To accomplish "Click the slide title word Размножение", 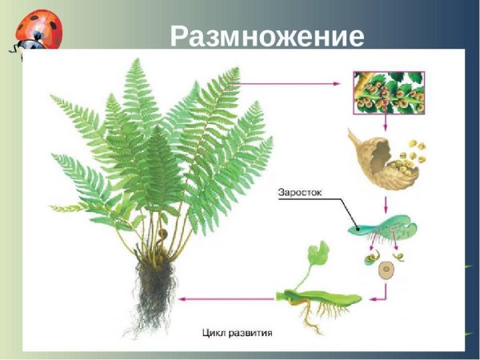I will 268,36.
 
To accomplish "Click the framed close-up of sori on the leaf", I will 388,92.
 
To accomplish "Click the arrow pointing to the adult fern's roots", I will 224,298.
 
